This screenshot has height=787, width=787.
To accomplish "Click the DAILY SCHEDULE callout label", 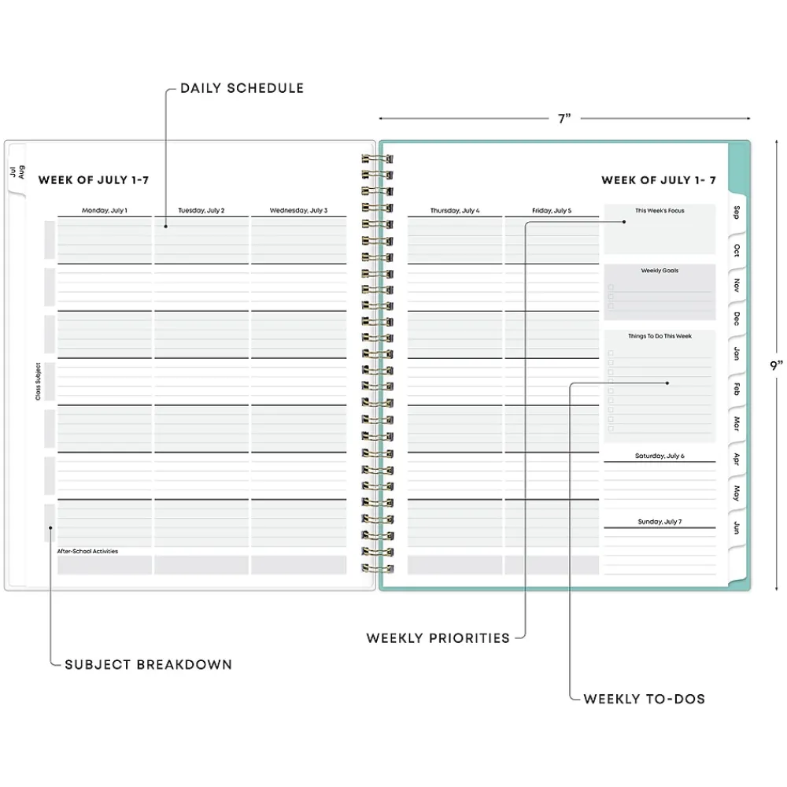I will (x=242, y=88).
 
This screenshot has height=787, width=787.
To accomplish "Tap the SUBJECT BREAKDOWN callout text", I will (x=148, y=664).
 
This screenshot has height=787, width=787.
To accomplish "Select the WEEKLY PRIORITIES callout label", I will (x=438, y=638).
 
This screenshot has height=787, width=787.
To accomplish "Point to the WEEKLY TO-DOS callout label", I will (x=644, y=698).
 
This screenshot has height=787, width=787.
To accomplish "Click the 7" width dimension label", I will (x=563, y=119).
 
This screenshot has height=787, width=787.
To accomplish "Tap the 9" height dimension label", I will (x=776, y=365).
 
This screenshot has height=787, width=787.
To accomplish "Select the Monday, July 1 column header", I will (x=105, y=211).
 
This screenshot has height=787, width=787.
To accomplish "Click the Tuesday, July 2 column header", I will (x=201, y=211).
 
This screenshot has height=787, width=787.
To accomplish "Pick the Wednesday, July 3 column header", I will (x=298, y=211).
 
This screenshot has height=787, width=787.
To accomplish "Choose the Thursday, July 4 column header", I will (x=455, y=211).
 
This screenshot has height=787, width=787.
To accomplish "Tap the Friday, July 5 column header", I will (x=552, y=211).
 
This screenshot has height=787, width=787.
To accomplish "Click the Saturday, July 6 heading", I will (x=660, y=456).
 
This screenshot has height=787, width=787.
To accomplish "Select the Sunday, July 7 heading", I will (x=660, y=522).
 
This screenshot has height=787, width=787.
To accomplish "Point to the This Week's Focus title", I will (x=660, y=211).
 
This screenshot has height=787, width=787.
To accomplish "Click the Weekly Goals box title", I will (x=660, y=271).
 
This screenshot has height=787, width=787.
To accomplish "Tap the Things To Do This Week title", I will (x=660, y=336).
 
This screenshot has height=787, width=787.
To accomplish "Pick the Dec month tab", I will (x=737, y=319).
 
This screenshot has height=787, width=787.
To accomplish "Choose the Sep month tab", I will (x=737, y=212).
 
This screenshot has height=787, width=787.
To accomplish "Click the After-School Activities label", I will (x=87, y=552).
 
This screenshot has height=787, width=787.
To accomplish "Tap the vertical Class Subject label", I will (x=38, y=382).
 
